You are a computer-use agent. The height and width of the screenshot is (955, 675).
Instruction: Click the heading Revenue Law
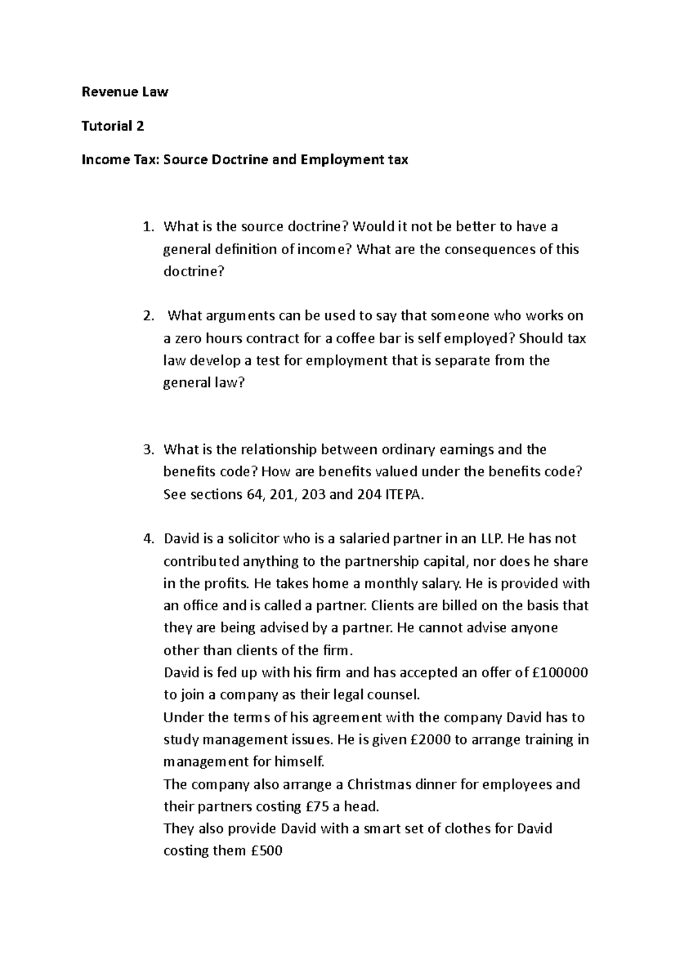pyautogui.click(x=125, y=92)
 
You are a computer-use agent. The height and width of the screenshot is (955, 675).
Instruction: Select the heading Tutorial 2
pyautogui.click(x=112, y=126)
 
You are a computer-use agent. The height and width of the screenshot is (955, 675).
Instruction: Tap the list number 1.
pyautogui.click(x=147, y=227)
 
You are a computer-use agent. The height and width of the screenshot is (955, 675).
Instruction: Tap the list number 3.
pyautogui.click(x=147, y=450)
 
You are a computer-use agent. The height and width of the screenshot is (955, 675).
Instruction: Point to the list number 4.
pyautogui.click(x=147, y=539)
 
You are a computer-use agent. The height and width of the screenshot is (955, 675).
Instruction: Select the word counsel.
pyautogui.click(x=393, y=695)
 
